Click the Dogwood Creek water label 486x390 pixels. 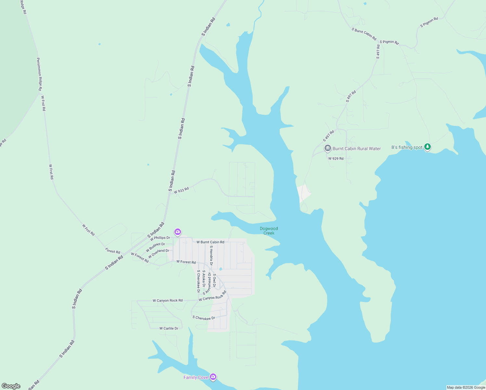coord(269,231)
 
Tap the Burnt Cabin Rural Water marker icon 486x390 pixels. coord(327,149)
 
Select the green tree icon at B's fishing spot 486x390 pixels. coord(428,147)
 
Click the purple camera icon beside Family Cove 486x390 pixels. coord(213,377)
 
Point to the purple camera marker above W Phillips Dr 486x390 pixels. coord(177,232)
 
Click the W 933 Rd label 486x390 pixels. coord(181,190)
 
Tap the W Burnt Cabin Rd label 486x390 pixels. coord(210,242)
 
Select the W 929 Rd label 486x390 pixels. coord(336,159)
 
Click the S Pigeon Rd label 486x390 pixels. coord(429,22)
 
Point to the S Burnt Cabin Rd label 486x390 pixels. coord(364,34)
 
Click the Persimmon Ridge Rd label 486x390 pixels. coord(39,74)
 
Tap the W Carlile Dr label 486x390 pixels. coord(169,328)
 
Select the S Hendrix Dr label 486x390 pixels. coord(211,255)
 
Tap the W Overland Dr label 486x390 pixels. coord(159,253)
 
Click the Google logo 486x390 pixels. coord(11,386)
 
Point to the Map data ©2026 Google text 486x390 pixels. coord(466,387)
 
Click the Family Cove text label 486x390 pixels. coord(196,377)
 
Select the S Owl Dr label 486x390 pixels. coord(214,280)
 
